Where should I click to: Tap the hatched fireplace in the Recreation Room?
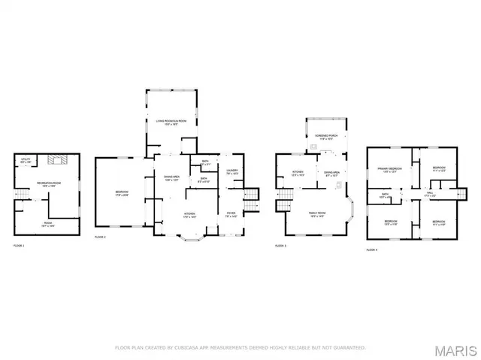pyautogui.click(x=57, y=159)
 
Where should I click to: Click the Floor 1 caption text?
pyautogui.click(x=19, y=246)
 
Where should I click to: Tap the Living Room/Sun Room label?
pyautogui.click(x=171, y=121)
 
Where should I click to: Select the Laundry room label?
pyautogui.click(x=232, y=171)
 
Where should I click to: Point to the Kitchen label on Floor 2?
pyautogui.click(x=190, y=214)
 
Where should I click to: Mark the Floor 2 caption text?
pyautogui.click(x=100, y=237)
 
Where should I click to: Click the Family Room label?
pyautogui.click(x=316, y=214)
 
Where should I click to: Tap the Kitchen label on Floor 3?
pyautogui.click(x=297, y=174)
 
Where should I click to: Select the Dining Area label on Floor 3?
pyautogui.click(x=332, y=174)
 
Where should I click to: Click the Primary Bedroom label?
pyautogui.click(x=387, y=169)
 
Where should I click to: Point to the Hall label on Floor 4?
pyautogui.click(x=430, y=193)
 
